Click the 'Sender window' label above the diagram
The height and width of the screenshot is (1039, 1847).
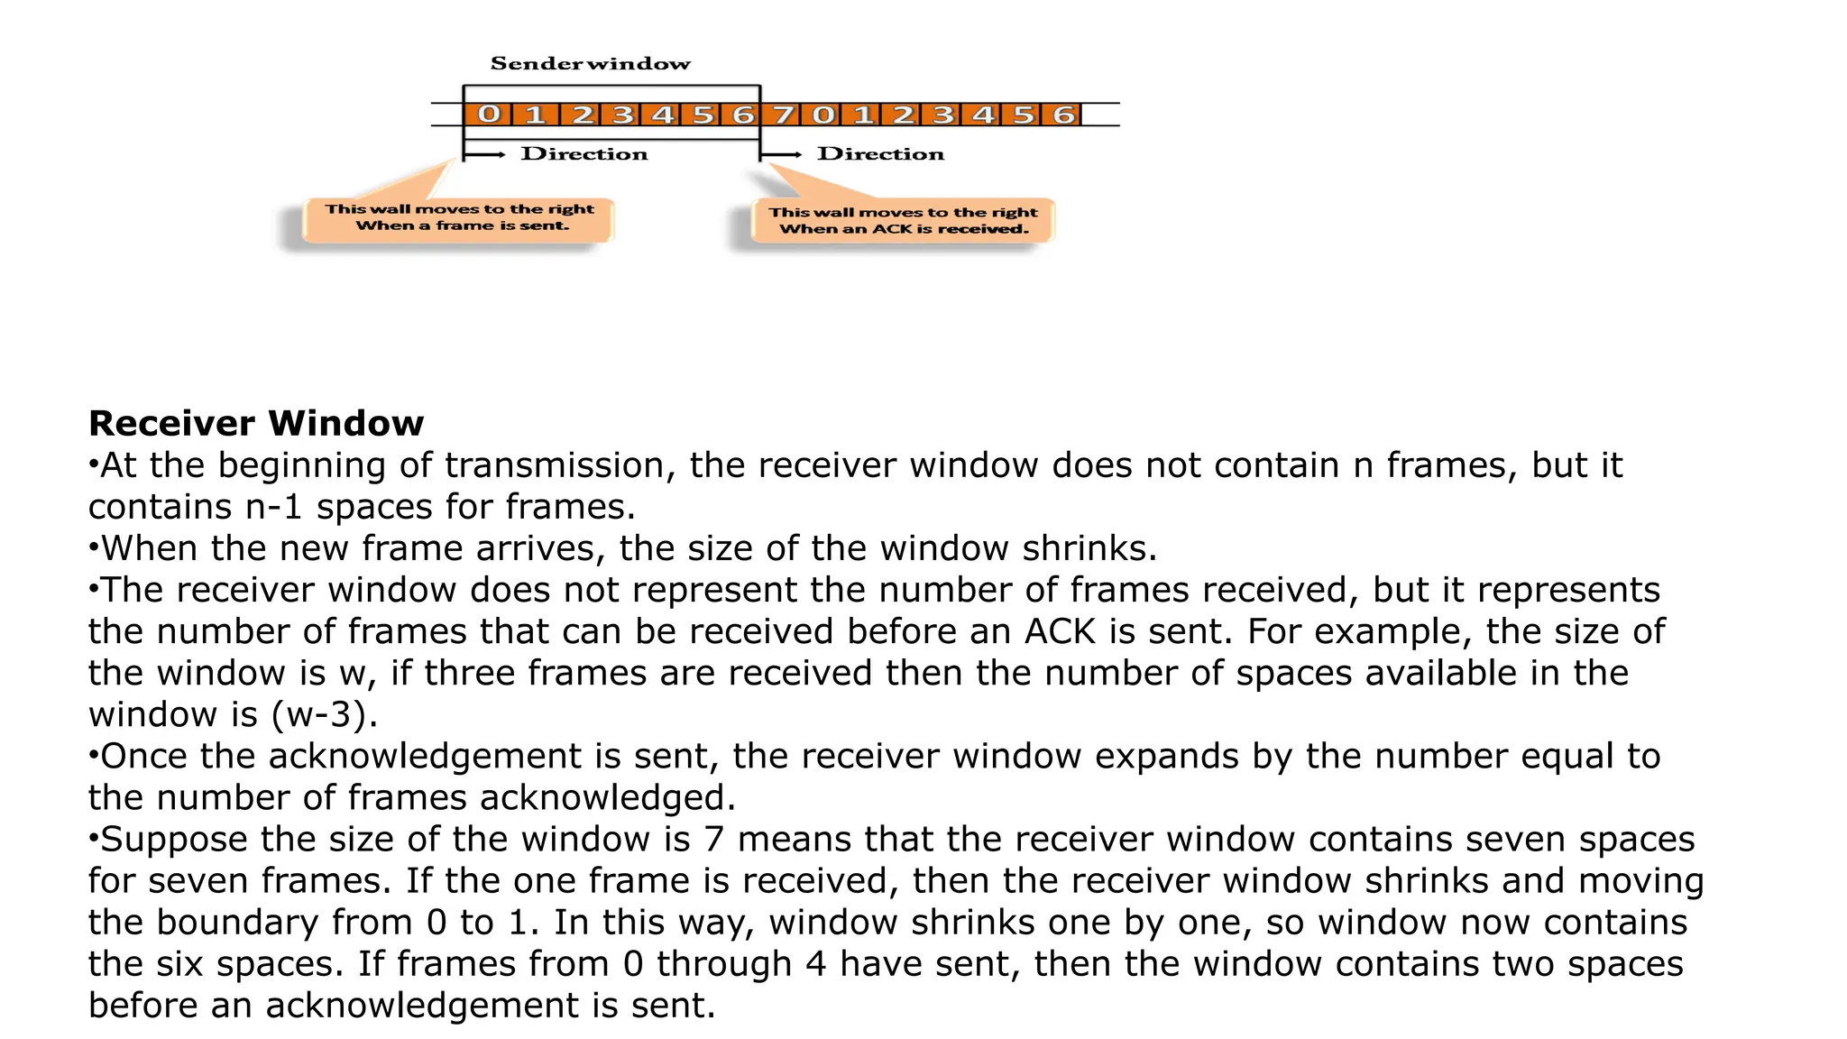point(591,64)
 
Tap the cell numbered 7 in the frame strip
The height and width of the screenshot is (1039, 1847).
point(784,115)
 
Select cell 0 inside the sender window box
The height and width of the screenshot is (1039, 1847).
point(488,115)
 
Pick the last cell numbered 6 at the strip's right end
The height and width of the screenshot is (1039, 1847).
point(1064,115)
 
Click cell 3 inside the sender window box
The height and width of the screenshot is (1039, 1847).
point(622,115)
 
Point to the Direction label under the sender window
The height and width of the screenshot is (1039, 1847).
point(584,154)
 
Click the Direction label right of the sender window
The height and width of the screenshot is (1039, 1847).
point(881,154)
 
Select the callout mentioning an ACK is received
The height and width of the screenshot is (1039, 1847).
point(904,221)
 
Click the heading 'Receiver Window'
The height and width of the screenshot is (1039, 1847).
point(256,423)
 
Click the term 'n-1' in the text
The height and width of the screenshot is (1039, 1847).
point(273,507)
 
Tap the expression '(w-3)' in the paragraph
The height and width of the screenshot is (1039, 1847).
point(323,714)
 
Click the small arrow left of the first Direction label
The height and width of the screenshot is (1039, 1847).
point(485,155)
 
